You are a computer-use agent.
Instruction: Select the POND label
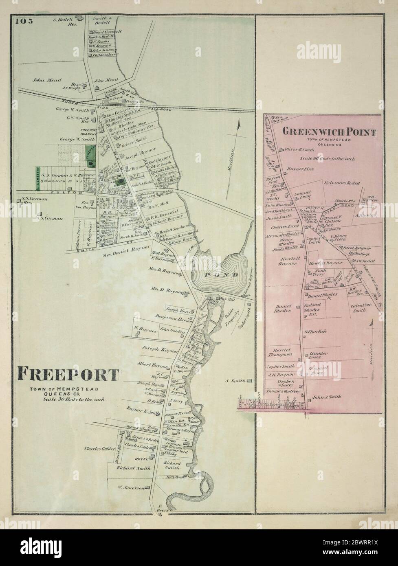tap(215, 275)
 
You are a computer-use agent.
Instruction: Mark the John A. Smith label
tap(325, 397)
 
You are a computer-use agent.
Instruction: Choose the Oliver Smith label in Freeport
tap(134, 139)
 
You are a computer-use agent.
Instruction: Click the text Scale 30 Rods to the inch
tap(68, 399)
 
